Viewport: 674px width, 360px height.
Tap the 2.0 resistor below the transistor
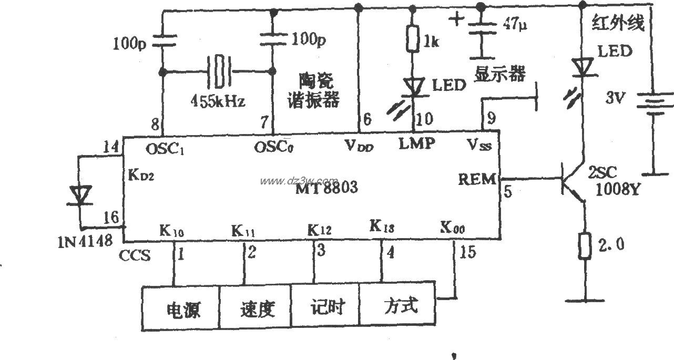[584, 246]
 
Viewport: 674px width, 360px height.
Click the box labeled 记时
[326, 306]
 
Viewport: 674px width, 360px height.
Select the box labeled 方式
[398, 305]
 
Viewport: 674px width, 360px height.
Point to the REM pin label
[476, 180]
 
